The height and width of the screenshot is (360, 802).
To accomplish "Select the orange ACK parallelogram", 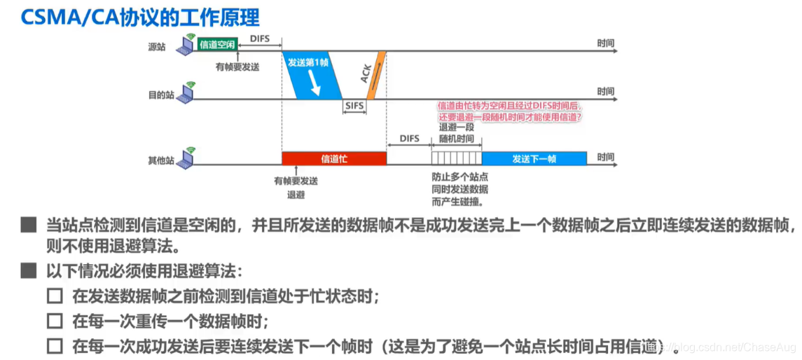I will tap(373, 76).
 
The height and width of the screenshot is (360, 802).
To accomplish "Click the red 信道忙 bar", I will tap(334, 159).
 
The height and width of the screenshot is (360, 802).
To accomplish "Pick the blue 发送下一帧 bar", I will tap(534, 159).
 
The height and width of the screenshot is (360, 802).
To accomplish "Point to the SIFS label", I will tap(355, 106).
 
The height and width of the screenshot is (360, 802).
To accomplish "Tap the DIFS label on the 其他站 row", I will tap(409, 139).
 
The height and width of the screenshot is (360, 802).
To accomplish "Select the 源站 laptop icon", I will tap(186, 46).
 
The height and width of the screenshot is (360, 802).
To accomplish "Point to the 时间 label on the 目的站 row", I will tap(606, 92).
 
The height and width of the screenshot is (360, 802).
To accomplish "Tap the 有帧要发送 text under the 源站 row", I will tap(237, 66).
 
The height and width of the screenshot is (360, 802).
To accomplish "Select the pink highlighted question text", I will tap(510, 111).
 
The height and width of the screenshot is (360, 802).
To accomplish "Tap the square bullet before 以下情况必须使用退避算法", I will tap(29, 270).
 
